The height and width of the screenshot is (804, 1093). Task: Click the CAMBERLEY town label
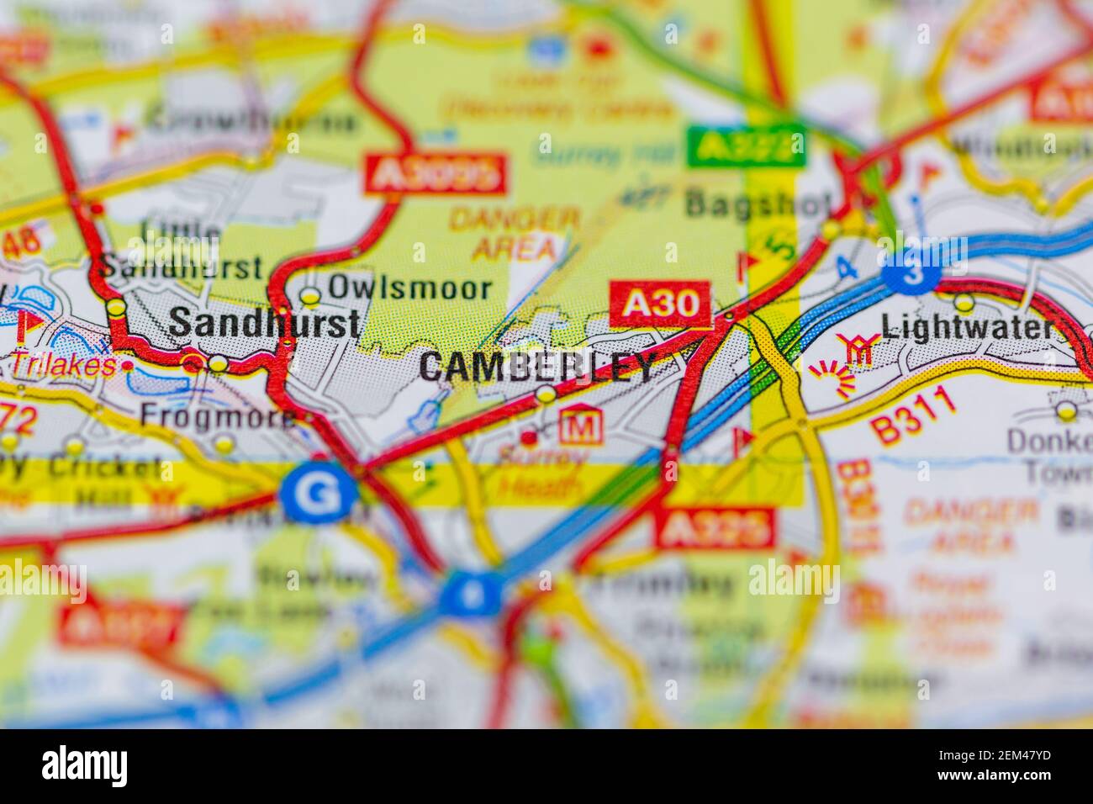point(536,367)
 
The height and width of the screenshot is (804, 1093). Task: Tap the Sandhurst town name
point(265,323)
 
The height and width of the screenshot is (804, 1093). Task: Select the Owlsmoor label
point(409,288)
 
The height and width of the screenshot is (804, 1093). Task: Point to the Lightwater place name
point(968,327)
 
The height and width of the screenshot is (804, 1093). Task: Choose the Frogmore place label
point(217,415)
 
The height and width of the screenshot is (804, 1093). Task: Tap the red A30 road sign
point(661,304)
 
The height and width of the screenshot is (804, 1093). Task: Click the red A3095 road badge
point(436,175)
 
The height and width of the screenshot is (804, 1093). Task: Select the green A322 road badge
point(746,145)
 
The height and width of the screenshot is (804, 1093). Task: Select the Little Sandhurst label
point(181,250)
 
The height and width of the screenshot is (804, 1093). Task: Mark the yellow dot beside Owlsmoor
point(311,296)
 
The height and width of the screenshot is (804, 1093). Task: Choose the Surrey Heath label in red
point(541,472)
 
